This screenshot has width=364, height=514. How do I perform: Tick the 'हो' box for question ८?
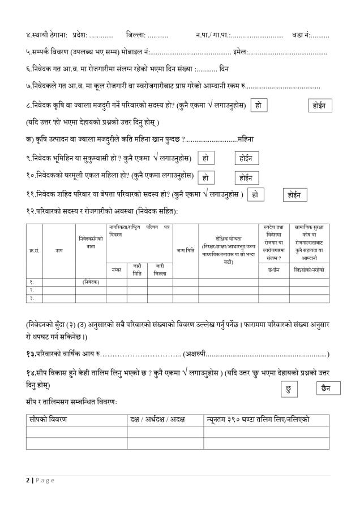pyautogui.click(x=258, y=106)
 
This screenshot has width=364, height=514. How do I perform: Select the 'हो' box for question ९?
pyautogui.click(x=205, y=158)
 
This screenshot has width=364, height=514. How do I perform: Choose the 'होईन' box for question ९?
pyautogui.click(x=246, y=158)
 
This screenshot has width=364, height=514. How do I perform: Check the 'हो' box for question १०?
pyautogui.click(x=205, y=177)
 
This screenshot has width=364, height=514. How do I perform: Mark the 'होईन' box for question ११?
pyautogui.click(x=295, y=195)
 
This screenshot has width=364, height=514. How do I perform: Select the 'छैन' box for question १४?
pyautogui.click(x=328, y=389)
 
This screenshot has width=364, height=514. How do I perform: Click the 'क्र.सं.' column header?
pyautogui.click(x=34, y=250)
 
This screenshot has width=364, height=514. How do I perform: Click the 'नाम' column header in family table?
pyautogui.click(x=59, y=250)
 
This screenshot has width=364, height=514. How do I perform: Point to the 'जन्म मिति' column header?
pyautogui.click(x=185, y=250)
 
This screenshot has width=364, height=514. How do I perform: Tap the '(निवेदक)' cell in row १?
pyautogui.click(x=91, y=281)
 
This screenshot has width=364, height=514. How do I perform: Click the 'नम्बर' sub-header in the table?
pyautogui.click(x=116, y=269)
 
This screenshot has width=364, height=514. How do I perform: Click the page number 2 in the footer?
pyautogui.click(x=28, y=480)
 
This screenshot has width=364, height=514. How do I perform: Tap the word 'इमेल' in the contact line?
pyautogui.click(x=239, y=52)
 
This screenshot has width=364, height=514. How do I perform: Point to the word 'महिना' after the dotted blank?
pyautogui.click(x=246, y=139)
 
